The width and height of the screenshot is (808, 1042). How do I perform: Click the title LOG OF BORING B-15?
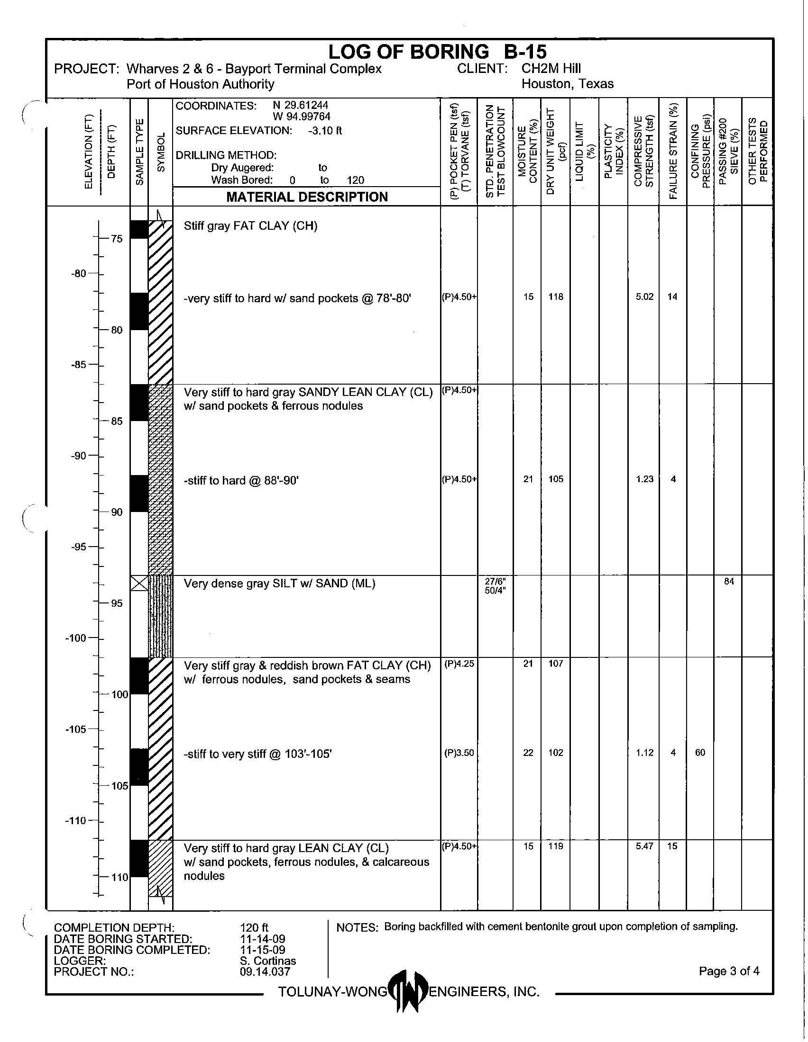[x=437, y=52]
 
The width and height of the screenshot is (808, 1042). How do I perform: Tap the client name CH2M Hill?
[x=551, y=69]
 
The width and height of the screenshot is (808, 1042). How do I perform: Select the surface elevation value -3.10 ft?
[x=325, y=131]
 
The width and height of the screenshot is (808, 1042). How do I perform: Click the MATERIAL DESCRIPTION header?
[x=307, y=197]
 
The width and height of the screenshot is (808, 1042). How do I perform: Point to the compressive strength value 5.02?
[x=644, y=297]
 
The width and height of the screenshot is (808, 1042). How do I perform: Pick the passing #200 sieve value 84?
[x=729, y=581]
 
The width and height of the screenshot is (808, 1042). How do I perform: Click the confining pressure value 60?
[x=700, y=753]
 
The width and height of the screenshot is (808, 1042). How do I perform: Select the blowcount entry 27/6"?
[x=495, y=581]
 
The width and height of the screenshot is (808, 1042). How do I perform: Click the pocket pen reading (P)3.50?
[x=459, y=753]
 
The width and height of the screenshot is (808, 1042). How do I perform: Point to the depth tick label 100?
[x=120, y=694]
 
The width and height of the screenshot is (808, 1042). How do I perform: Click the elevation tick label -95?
[x=79, y=547]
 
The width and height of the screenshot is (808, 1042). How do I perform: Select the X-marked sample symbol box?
[x=139, y=583]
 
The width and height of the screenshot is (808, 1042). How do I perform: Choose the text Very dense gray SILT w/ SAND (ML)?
[x=279, y=584]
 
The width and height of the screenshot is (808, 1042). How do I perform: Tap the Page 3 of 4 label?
[x=729, y=971]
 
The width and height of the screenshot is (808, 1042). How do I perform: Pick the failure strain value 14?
[x=672, y=297]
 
